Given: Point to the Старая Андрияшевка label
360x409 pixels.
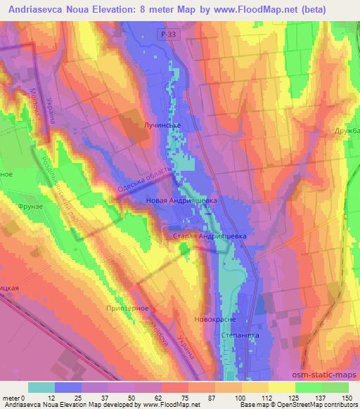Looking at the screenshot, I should (x=209, y=237).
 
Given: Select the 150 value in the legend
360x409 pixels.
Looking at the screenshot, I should (x=346, y=398).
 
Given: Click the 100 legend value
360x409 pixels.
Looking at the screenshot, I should (x=241, y=398).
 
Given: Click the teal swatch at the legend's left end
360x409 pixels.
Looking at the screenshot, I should (x=41, y=387).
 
